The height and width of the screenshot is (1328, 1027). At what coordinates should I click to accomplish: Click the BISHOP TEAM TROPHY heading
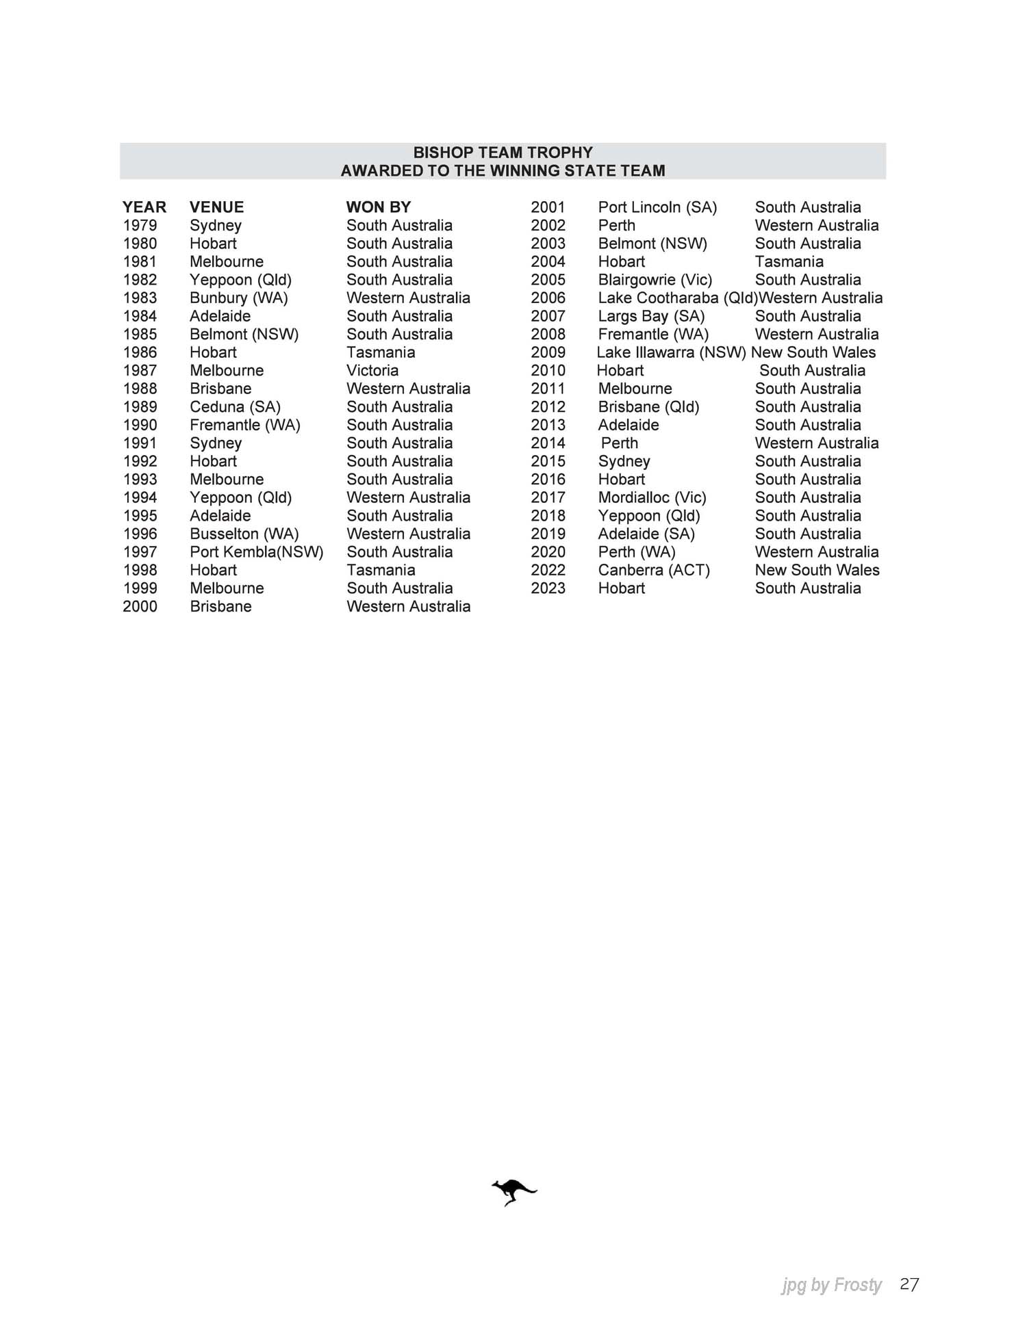(x=503, y=153)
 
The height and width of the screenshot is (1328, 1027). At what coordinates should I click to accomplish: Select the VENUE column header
(x=216, y=207)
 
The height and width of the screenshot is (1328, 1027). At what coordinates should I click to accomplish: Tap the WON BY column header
(x=378, y=207)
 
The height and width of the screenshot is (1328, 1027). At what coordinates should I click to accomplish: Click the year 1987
(x=140, y=371)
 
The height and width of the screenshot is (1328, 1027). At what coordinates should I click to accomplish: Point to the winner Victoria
(x=372, y=371)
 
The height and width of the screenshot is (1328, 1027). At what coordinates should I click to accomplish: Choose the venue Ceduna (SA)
(x=235, y=407)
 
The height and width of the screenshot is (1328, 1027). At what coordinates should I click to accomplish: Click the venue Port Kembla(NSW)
(x=256, y=552)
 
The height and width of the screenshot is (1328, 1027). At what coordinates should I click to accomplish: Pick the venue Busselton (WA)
(x=244, y=534)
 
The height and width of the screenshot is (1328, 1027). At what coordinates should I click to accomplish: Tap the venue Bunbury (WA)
(x=238, y=298)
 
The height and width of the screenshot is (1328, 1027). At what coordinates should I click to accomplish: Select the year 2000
(x=140, y=607)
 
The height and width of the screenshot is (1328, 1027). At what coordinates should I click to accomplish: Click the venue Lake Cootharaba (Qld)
(x=677, y=298)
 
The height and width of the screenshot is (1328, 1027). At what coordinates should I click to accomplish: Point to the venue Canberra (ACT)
(x=653, y=571)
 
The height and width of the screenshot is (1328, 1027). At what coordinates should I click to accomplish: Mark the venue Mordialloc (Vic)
(x=652, y=498)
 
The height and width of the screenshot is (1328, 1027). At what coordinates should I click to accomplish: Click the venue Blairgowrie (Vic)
(x=655, y=280)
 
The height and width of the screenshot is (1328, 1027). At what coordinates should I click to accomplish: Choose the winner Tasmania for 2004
(x=789, y=262)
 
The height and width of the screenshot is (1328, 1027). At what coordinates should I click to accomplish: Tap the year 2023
(x=548, y=588)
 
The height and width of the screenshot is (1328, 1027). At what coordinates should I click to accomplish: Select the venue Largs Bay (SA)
(x=650, y=316)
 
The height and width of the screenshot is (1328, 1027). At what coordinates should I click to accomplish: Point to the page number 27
(x=909, y=1284)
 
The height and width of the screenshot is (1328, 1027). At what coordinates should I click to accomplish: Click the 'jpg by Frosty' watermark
(x=831, y=1286)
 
